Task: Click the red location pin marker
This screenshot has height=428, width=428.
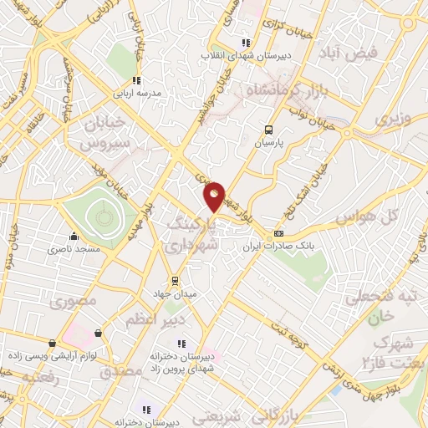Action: [x=215, y=196]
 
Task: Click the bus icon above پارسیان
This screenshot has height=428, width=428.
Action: [x=268, y=130]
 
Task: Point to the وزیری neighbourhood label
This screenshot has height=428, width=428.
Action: [x=393, y=120]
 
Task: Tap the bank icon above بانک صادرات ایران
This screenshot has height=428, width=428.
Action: [x=279, y=233]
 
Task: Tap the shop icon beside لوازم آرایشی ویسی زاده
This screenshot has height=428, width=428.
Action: [x=53, y=343]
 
